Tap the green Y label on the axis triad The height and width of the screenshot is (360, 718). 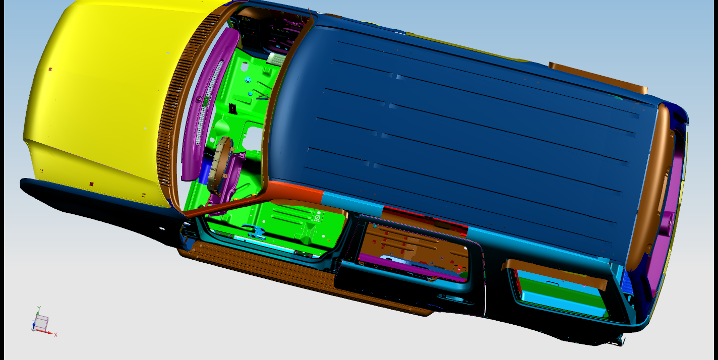point(39,309)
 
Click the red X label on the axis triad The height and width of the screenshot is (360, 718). point(55,335)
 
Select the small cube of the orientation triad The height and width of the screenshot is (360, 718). point(41,322)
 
